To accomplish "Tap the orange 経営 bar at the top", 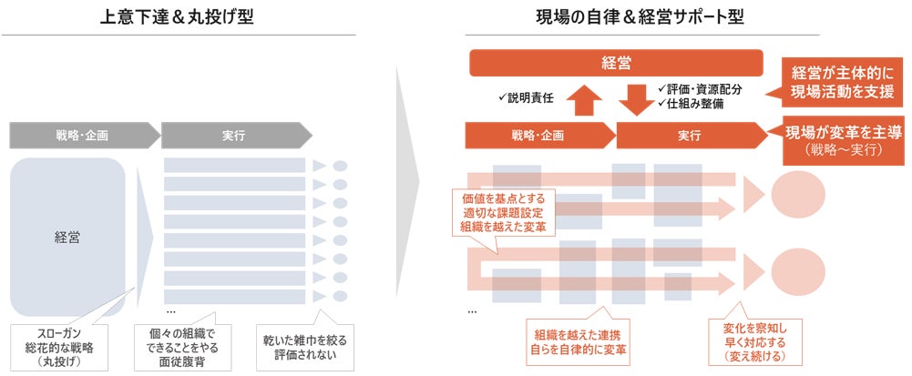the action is click(616, 63).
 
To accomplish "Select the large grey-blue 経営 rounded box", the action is click(67, 237).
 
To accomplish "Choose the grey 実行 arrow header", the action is click(232, 135).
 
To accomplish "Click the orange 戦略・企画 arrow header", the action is click(538, 135).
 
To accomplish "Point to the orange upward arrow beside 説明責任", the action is click(583, 97).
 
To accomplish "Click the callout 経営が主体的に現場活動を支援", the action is click(841, 82).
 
